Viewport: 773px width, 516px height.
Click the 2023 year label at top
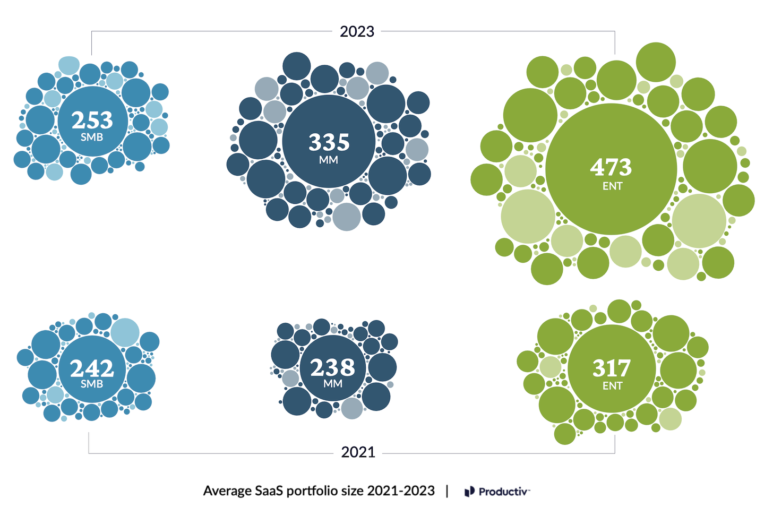click(357, 32)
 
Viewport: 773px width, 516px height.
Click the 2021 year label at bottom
click(358, 452)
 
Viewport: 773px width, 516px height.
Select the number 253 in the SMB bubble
click(92, 120)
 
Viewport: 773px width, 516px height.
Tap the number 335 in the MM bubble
click(329, 142)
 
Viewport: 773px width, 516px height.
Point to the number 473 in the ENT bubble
click(611, 167)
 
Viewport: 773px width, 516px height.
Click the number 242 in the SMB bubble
click(92, 368)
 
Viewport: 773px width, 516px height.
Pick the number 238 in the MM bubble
click(332, 367)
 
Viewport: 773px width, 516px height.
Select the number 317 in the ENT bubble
click(612, 368)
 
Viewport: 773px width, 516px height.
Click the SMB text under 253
click(92, 137)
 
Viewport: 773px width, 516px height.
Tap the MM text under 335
click(329, 160)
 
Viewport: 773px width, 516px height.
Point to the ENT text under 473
click(612, 186)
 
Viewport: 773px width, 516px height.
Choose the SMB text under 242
click(92, 384)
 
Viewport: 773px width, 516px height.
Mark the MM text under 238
click(333, 384)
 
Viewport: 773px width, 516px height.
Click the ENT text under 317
click(612, 386)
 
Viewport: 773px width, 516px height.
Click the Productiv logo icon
click(469, 492)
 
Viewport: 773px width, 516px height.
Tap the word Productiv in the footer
click(503, 492)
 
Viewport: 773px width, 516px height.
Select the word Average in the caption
click(227, 491)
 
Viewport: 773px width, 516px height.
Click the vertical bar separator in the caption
click(447, 491)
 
